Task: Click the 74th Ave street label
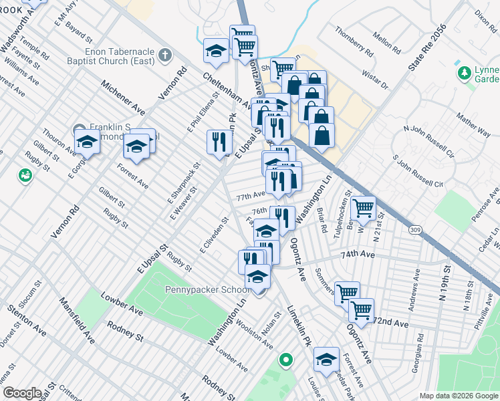[x=357, y=255]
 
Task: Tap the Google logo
[x=22, y=393]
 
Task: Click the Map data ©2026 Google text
[x=458, y=396]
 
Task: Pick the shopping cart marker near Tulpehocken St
[x=363, y=207]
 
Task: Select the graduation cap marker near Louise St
[x=326, y=359]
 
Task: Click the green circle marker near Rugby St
[x=25, y=175]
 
